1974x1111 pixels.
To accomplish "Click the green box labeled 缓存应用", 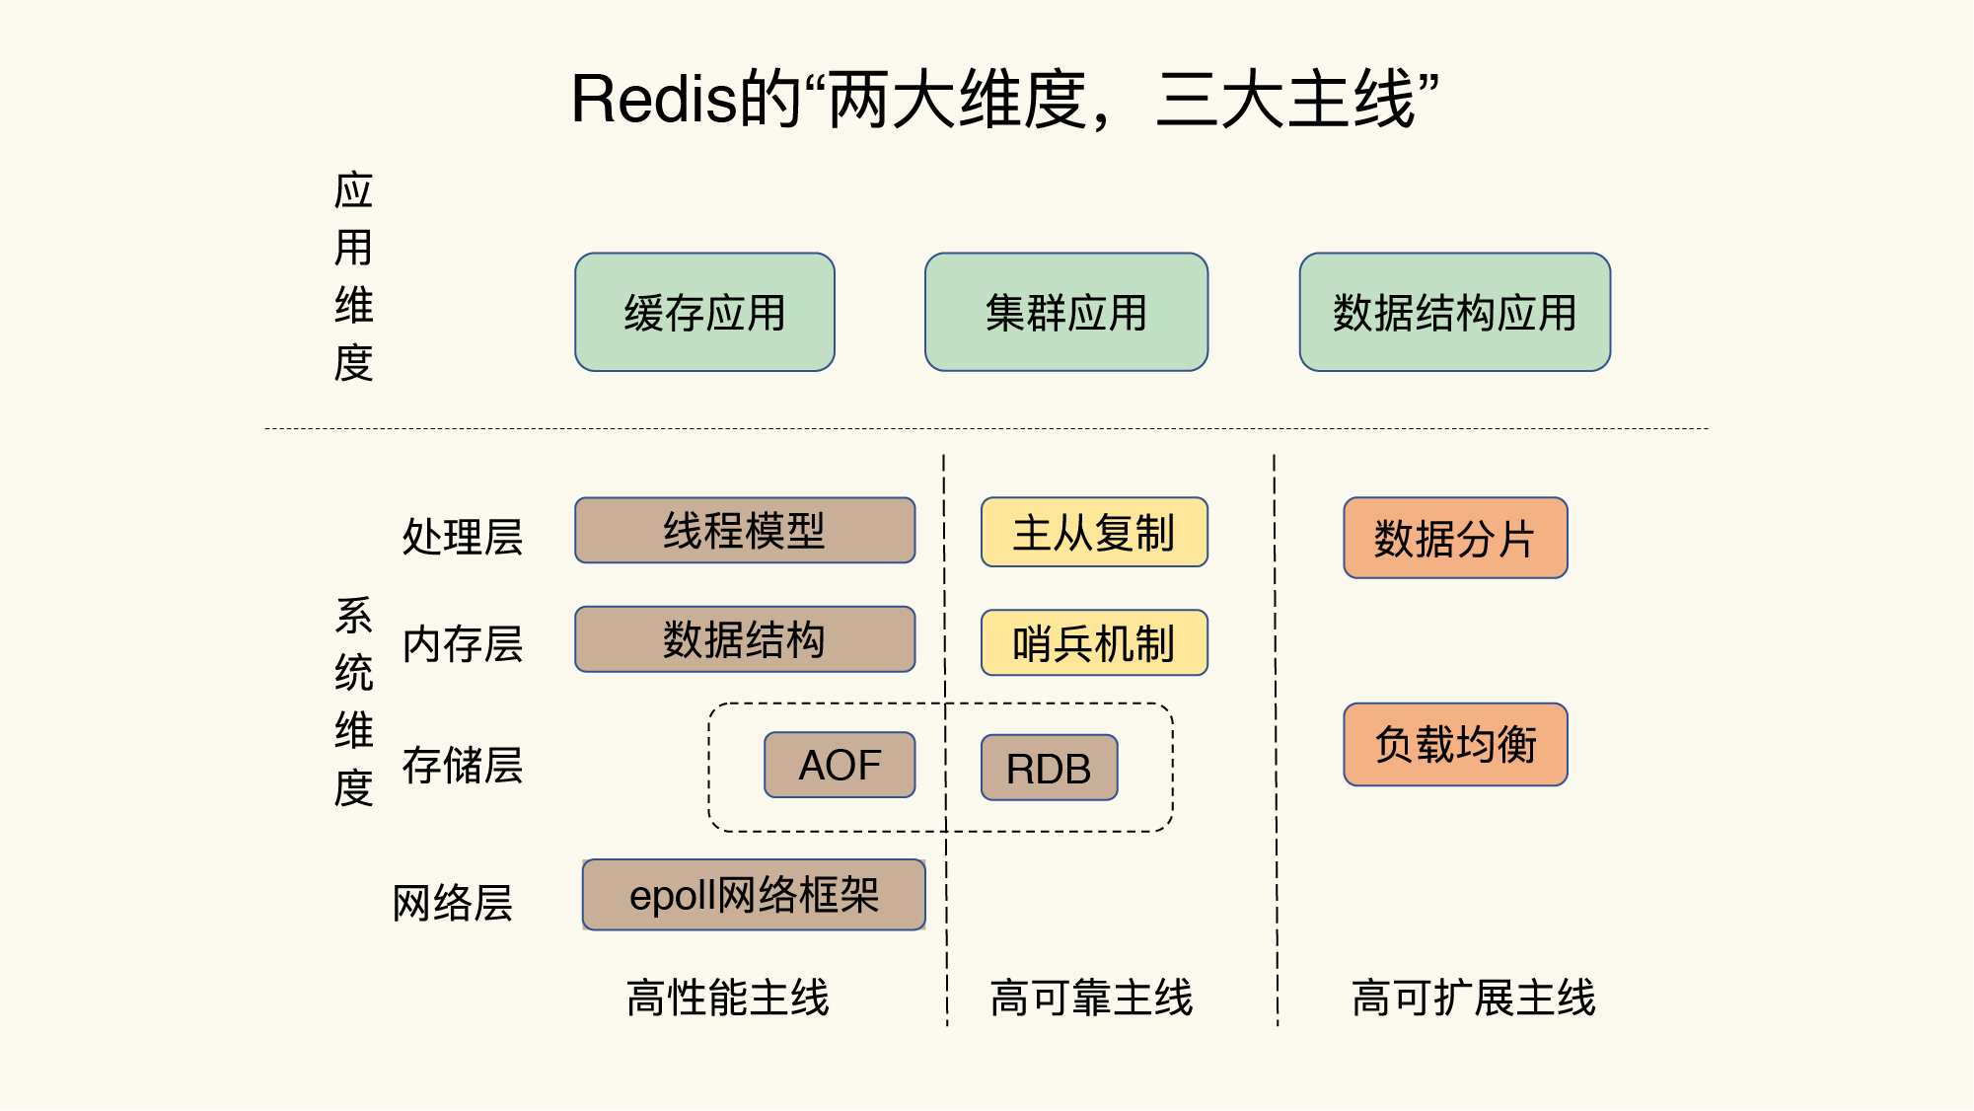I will point(704,312).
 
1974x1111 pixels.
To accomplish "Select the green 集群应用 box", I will point(1065,312).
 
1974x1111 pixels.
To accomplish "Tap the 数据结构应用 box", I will point(1454,312).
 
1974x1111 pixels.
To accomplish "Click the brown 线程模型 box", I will point(745,531).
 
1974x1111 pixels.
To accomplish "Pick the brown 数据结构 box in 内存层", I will point(745,639).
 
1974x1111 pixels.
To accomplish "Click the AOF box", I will point(840,765).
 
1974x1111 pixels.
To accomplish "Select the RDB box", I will point(1049,768).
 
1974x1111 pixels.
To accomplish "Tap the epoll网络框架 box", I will point(754,895).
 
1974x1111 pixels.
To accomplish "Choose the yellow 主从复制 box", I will point(1094,533).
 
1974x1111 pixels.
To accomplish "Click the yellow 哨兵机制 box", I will point(1094,643).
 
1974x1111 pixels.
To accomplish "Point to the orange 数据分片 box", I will point(1455,538).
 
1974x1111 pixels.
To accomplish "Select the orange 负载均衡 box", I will point(1455,744).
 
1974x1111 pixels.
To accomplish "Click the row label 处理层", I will point(462,537).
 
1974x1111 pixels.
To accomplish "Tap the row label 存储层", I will point(462,765).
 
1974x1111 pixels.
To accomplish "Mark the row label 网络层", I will point(453,902).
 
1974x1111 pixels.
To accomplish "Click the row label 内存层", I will point(462,644).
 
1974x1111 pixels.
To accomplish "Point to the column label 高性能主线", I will point(728,997).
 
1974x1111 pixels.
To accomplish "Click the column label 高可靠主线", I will point(1091,997).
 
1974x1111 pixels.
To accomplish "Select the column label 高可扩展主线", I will point(1473,997).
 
